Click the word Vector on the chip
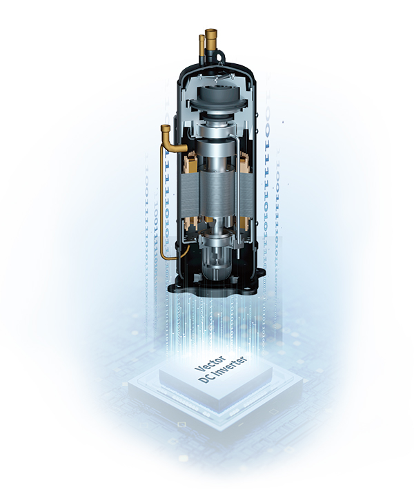210,363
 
